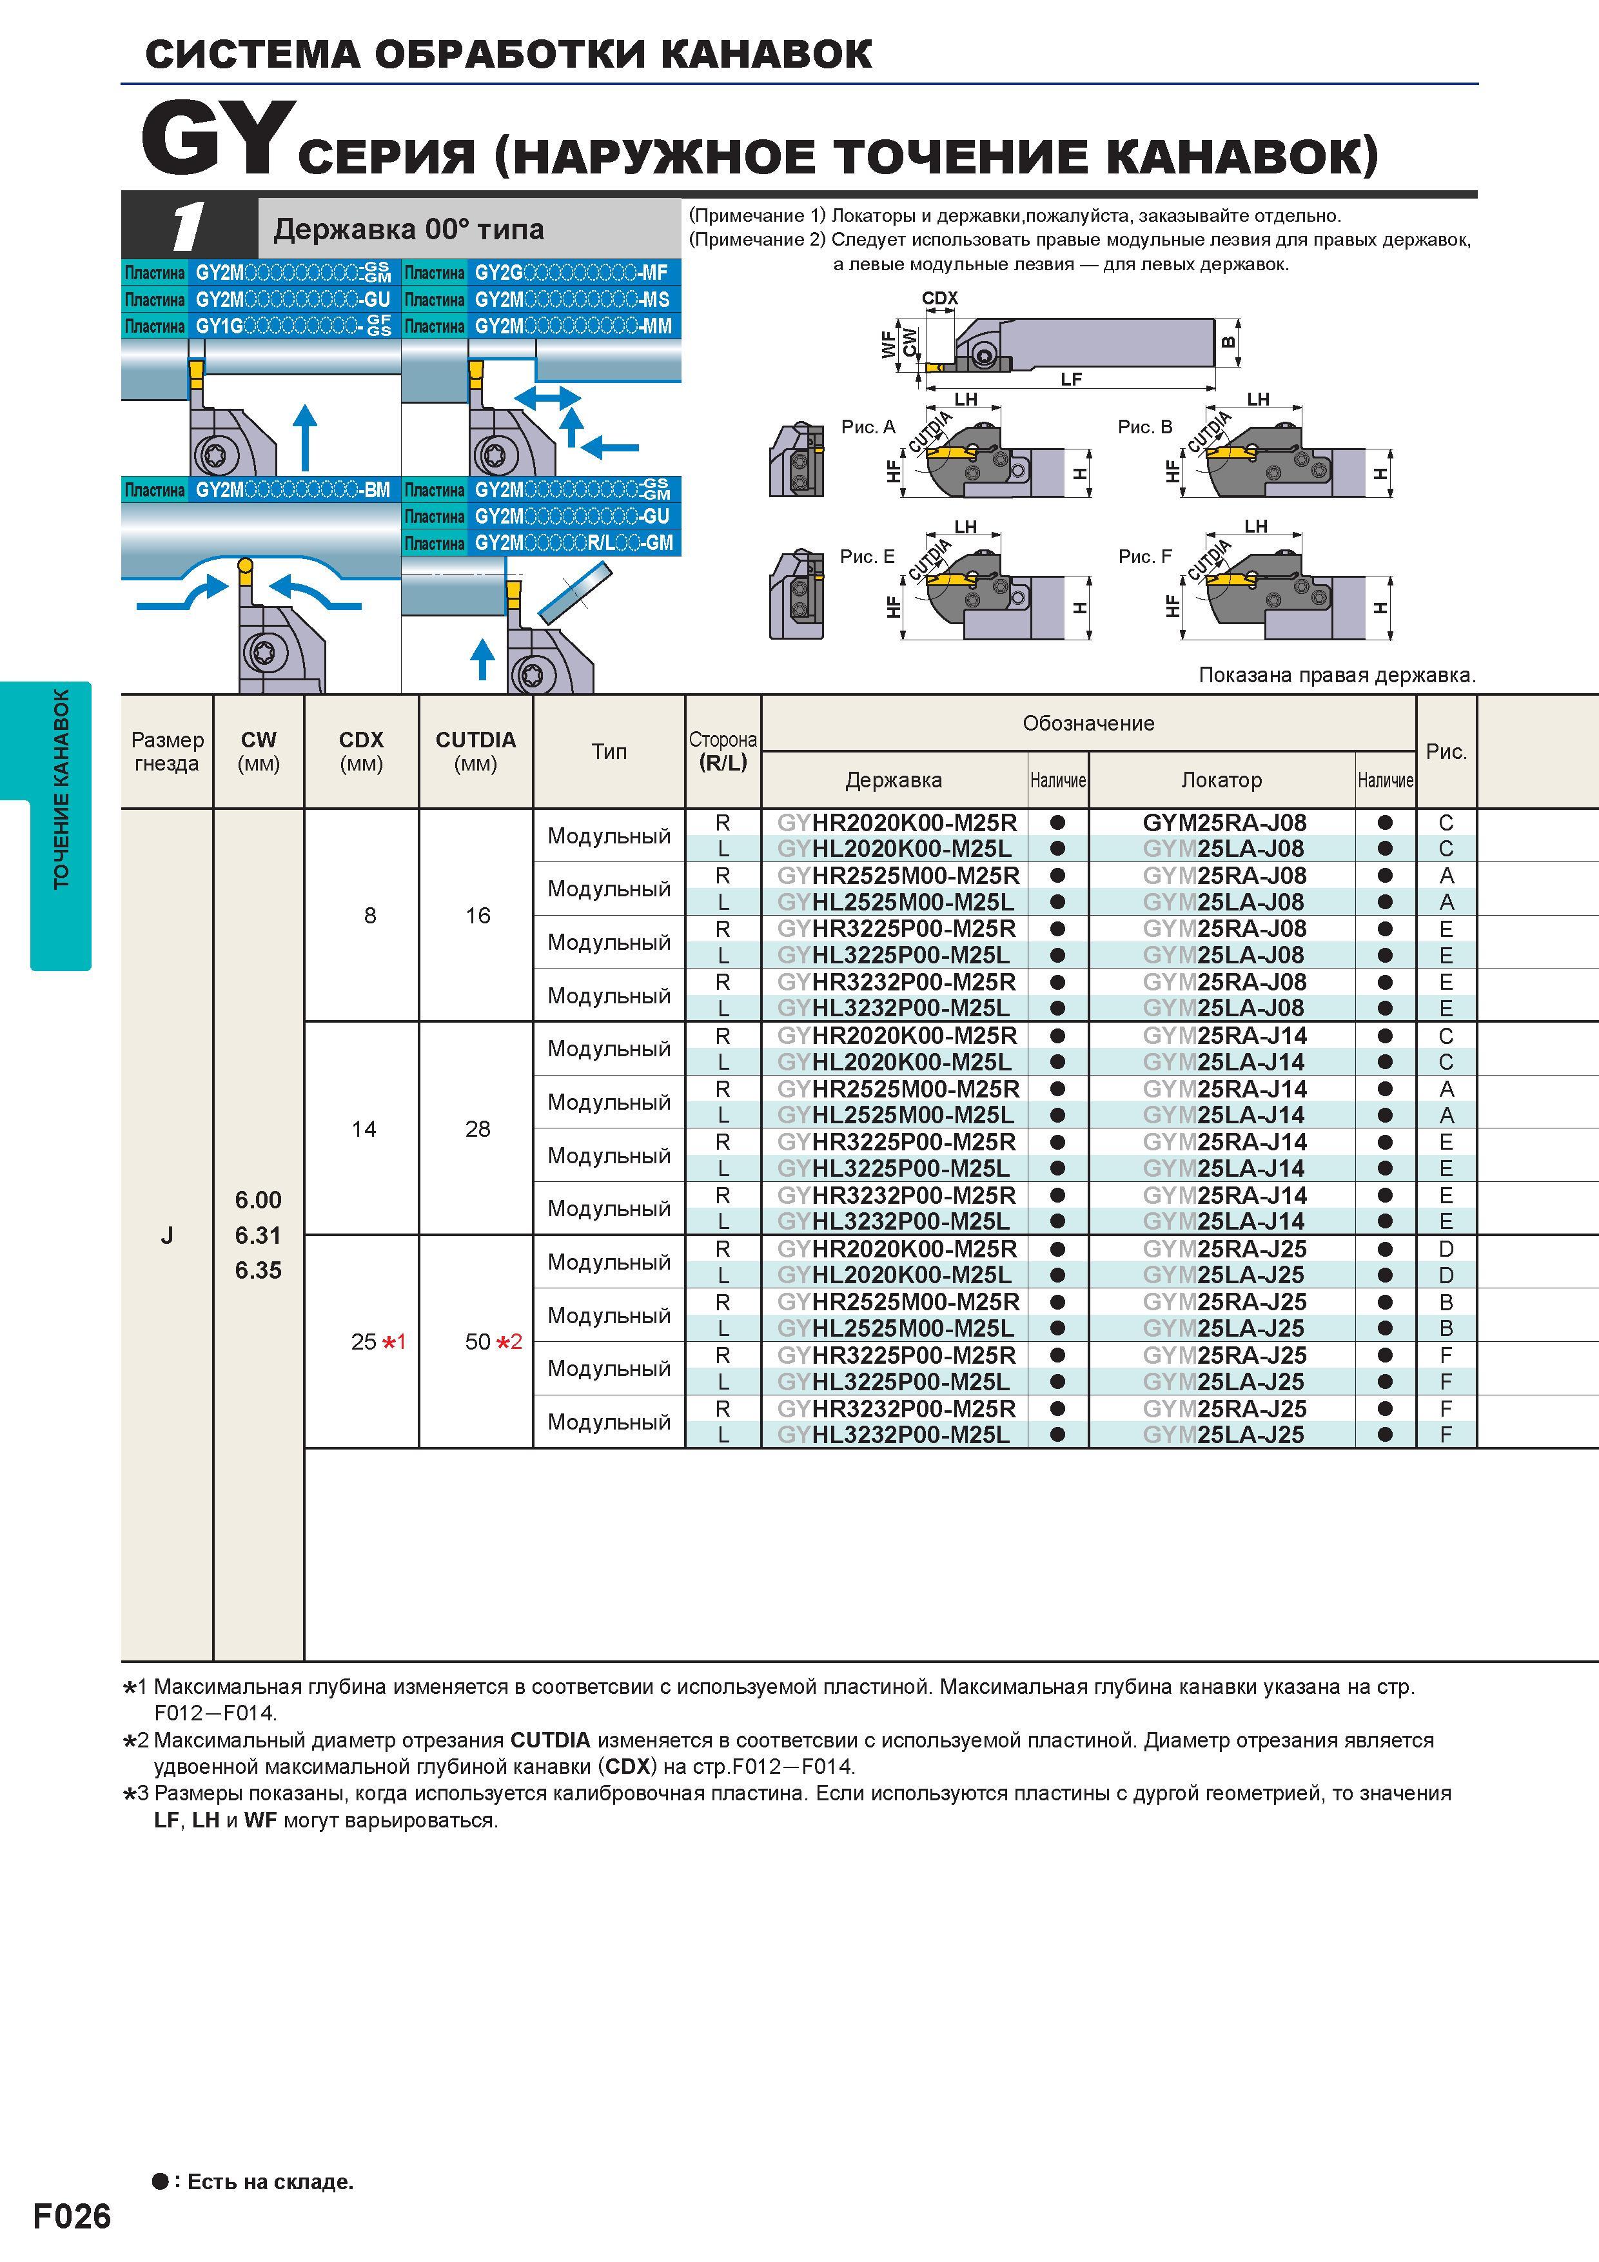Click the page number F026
[72, 2216]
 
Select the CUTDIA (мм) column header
[476, 751]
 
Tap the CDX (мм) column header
[360, 751]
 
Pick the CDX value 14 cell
[364, 1129]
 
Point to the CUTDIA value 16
[478, 915]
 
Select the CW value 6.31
[258, 1235]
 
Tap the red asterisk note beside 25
[394, 1342]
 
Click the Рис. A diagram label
[868, 427]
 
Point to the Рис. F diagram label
[1145, 556]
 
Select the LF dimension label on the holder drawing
[1071, 379]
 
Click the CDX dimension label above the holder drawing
[940, 297]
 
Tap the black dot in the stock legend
[161, 2181]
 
